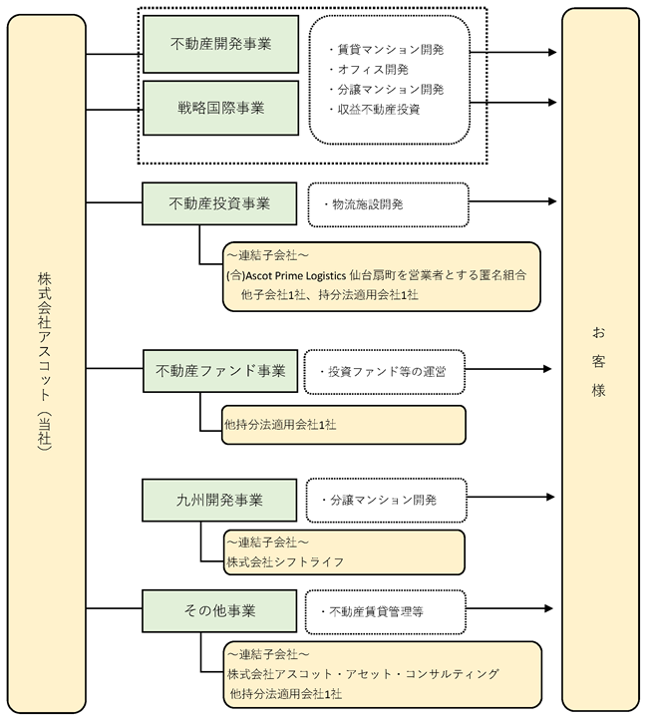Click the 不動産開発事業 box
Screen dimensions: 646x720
tap(221, 44)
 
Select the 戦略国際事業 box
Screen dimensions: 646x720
tap(221, 108)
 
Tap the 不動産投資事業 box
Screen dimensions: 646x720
tap(219, 203)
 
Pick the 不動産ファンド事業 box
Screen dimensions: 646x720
tap(220, 371)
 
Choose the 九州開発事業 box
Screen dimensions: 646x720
tap(219, 500)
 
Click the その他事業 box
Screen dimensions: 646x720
tap(219, 610)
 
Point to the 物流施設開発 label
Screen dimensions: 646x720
tap(367, 204)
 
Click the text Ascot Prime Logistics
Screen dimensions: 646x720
tap(296, 275)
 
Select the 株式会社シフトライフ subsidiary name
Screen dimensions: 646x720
tap(285, 562)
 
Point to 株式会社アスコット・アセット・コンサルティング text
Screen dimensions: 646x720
tap(363, 674)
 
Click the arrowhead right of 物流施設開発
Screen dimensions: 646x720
tap(552, 201)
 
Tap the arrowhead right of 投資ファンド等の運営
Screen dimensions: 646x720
tap(547, 369)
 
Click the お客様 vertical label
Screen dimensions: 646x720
tap(598, 361)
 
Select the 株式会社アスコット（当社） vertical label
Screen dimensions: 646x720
tap(45, 362)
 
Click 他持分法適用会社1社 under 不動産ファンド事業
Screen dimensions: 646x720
tap(280, 425)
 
